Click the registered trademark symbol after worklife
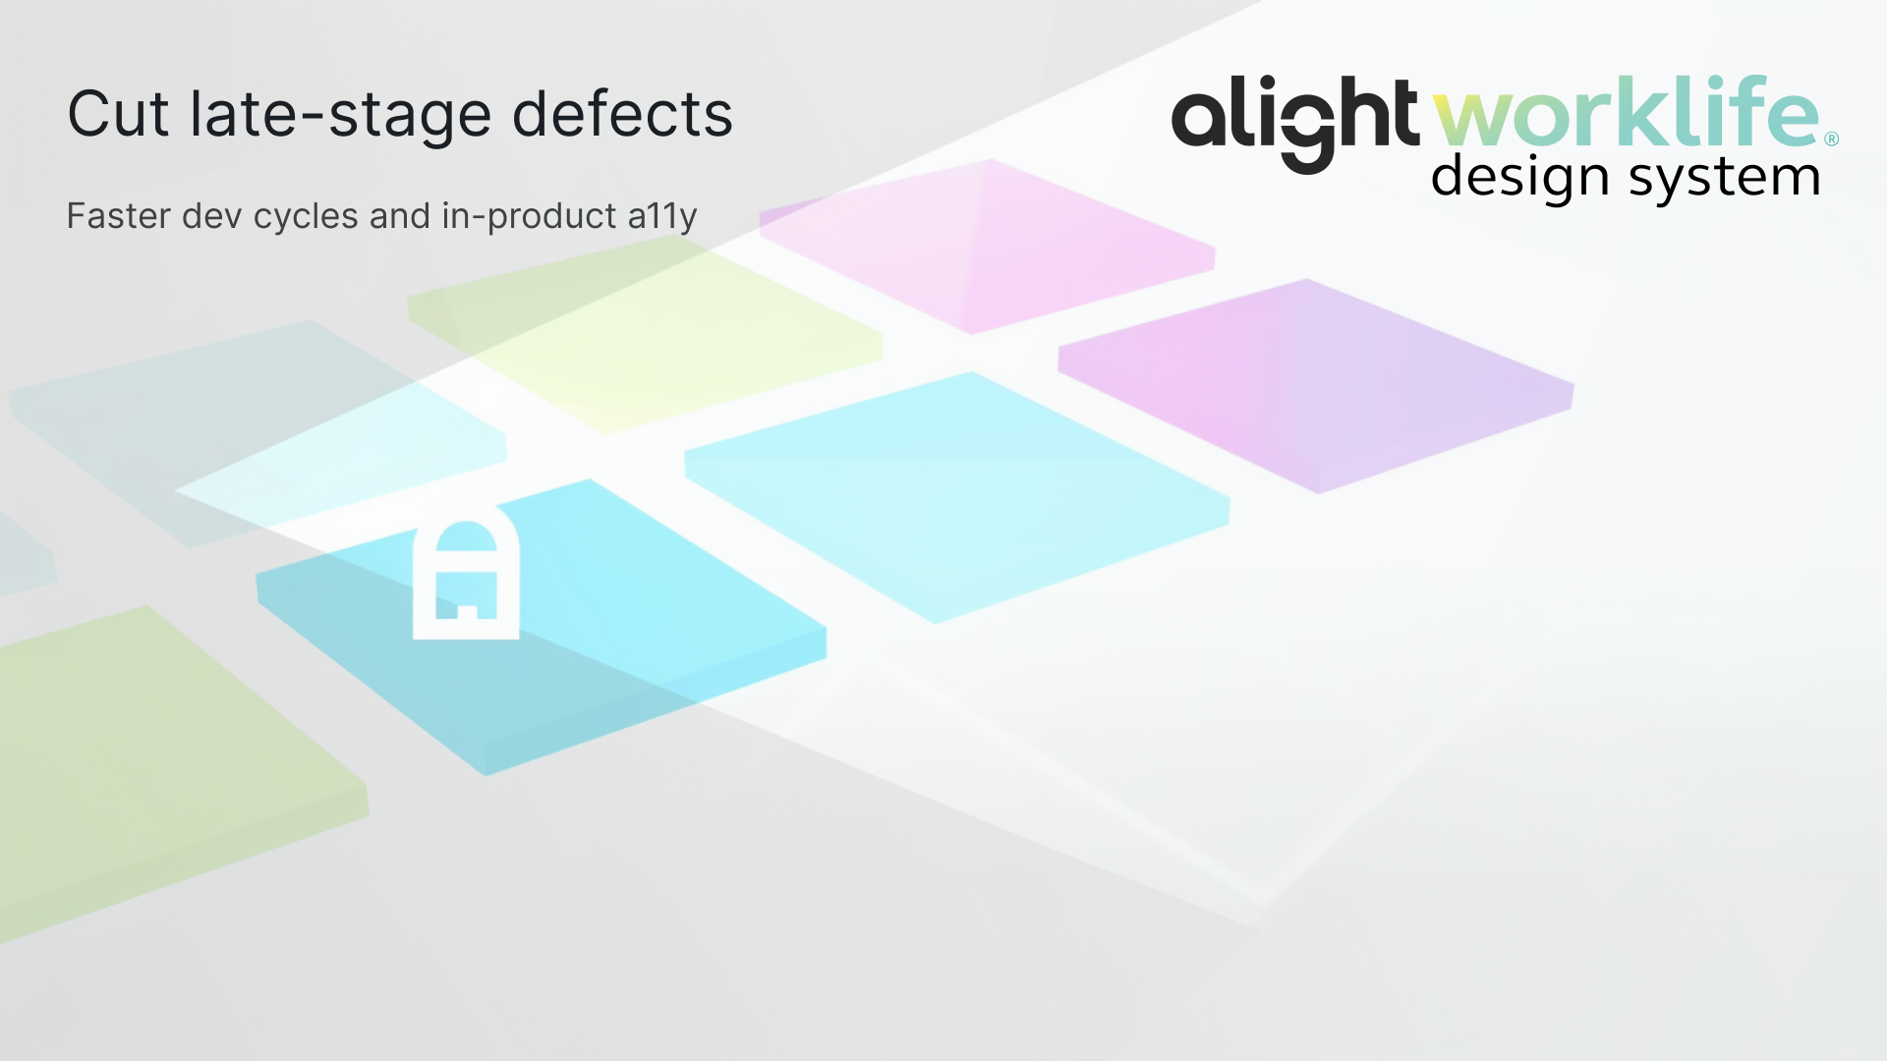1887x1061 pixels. pos(1831,140)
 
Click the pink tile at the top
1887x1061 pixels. pos(988,246)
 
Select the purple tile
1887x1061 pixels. pos(1317,383)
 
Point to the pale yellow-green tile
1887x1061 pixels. pos(644,334)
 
